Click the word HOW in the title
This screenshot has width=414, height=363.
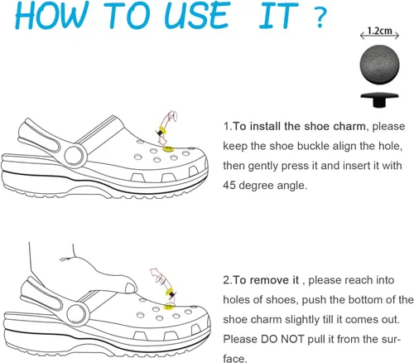[52, 15]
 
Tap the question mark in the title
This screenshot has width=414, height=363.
[320, 17]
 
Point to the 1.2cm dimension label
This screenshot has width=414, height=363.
[379, 31]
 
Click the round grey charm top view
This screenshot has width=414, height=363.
[379, 64]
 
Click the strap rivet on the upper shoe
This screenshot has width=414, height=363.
[74, 156]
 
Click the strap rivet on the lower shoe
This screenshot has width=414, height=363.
[76, 313]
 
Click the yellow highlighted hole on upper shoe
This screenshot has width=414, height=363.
[167, 149]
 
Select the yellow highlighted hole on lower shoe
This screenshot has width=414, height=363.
[169, 306]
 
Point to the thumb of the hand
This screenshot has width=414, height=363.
[131, 288]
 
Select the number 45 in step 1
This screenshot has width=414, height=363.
[229, 185]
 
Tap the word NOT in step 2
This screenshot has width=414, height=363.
[293, 339]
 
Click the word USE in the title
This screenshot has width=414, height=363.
[196, 15]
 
